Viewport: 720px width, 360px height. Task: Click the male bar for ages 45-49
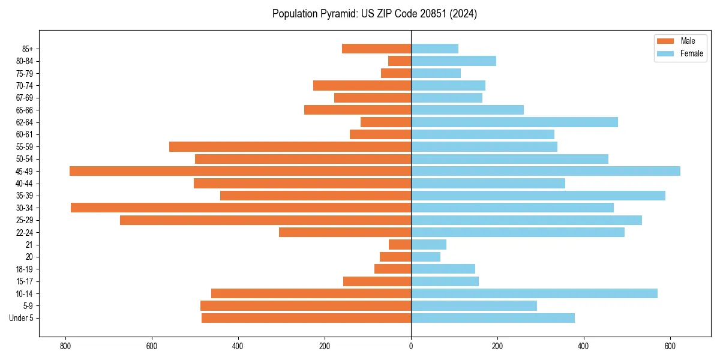point(240,171)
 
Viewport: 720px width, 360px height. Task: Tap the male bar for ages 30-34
point(241,208)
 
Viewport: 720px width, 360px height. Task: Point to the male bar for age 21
point(400,244)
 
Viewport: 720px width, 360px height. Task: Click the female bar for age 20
point(425,257)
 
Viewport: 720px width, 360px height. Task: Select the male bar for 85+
point(376,49)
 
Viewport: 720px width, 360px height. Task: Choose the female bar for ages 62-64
point(514,122)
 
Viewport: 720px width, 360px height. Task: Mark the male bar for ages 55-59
point(290,146)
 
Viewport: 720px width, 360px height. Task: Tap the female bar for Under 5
point(493,318)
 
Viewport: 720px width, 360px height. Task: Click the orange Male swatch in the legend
point(665,41)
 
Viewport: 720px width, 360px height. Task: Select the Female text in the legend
point(692,53)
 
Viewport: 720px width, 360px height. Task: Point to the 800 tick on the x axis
point(65,346)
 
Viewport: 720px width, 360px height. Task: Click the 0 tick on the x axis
point(411,346)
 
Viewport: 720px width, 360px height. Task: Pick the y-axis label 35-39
point(25,196)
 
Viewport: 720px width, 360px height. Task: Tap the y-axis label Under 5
point(21,318)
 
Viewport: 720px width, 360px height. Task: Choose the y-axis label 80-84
point(25,61)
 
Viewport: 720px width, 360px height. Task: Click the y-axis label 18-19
point(25,269)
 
